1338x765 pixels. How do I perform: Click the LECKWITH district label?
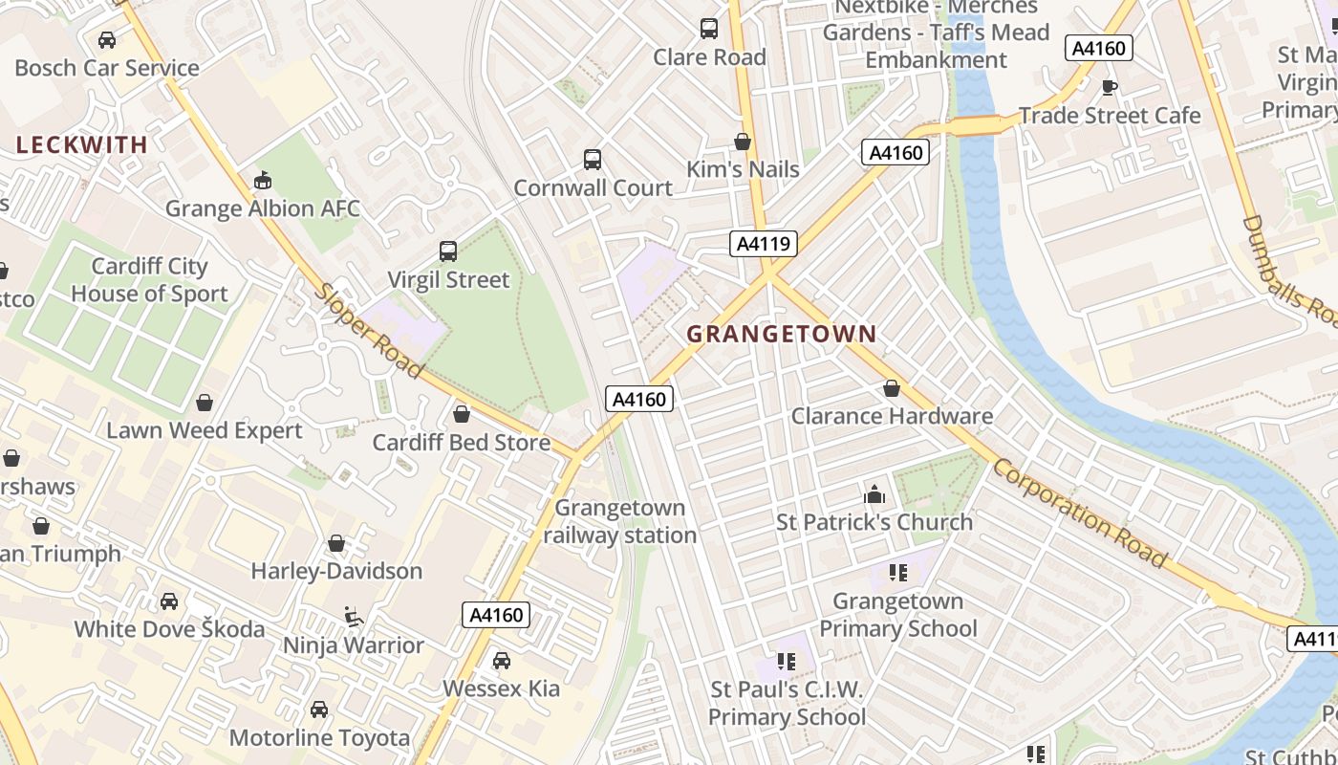[82, 145]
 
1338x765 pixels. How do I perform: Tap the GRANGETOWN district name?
[781, 334]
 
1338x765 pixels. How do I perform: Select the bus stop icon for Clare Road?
[708, 29]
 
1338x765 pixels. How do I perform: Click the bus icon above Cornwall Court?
[593, 160]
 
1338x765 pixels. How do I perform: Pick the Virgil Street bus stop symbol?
[448, 251]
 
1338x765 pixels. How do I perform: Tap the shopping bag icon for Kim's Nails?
[743, 142]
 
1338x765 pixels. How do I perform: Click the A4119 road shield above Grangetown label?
[764, 244]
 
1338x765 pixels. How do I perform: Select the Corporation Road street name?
[1080, 513]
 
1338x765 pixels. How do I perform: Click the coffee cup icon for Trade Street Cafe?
[1109, 88]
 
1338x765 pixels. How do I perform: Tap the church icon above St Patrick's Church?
[874, 494]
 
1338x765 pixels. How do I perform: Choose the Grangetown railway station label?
[620, 521]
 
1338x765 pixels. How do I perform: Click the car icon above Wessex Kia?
[501, 661]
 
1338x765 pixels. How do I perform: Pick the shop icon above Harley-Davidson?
[336, 543]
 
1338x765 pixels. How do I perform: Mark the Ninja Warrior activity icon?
[353, 617]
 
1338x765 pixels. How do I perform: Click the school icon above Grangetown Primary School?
[897, 573]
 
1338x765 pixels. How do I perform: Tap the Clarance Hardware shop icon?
[891, 388]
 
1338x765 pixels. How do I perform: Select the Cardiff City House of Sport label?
[149, 280]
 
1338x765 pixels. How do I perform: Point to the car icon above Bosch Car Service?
[107, 40]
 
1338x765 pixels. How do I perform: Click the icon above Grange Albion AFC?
[263, 180]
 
